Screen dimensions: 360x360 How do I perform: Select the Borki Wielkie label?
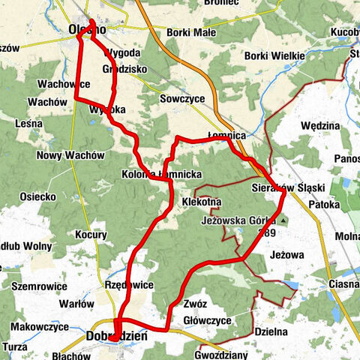[274, 56]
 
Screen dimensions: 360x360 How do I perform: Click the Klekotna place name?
[201, 202]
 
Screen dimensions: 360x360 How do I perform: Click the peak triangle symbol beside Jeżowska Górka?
[284, 220]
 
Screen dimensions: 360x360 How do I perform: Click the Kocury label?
[91, 235]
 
